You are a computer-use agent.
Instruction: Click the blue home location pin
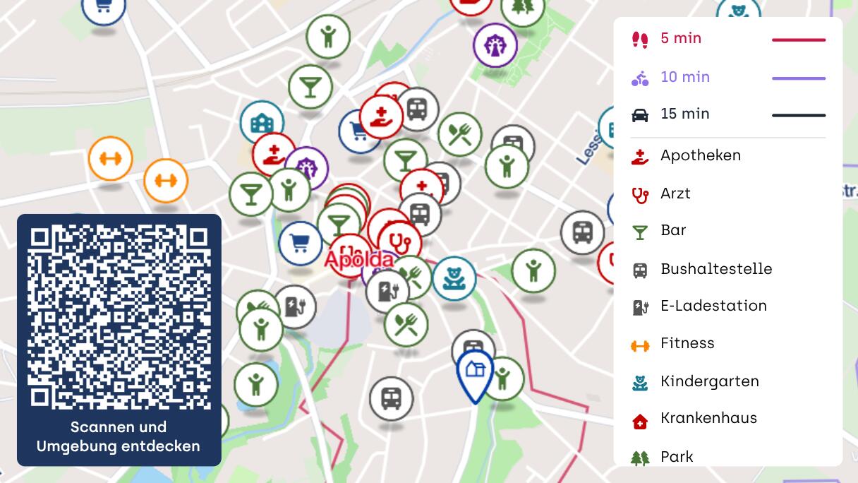pyautogui.click(x=476, y=371)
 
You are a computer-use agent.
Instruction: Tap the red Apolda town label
pyautogui.click(x=358, y=258)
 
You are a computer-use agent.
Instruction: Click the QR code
pyautogui.click(x=119, y=317)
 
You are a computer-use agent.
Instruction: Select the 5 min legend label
pyautogui.click(x=681, y=39)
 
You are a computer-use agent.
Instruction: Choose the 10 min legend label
pyautogui.click(x=684, y=77)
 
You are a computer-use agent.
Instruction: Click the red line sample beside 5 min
pyautogui.click(x=798, y=40)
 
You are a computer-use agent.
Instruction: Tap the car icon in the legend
pyautogui.click(x=640, y=115)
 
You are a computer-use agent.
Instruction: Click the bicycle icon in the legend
pyautogui.click(x=640, y=78)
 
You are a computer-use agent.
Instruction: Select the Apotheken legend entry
pyautogui.click(x=700, y=155)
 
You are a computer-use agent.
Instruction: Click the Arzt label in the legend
pyautogui.click(x=675, y=193)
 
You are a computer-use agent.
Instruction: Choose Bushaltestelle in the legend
pyautogui.click(x=716, y=269)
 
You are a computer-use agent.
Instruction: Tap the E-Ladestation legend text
pyautogui.click(x=713, y=306)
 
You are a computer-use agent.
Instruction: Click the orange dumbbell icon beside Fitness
pyautogui.click(x=640, y=345)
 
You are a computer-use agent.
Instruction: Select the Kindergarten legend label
pyautogui.click(x=709, y=381)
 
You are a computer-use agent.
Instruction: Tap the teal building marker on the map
pyautogui.click(x=262, y=123)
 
